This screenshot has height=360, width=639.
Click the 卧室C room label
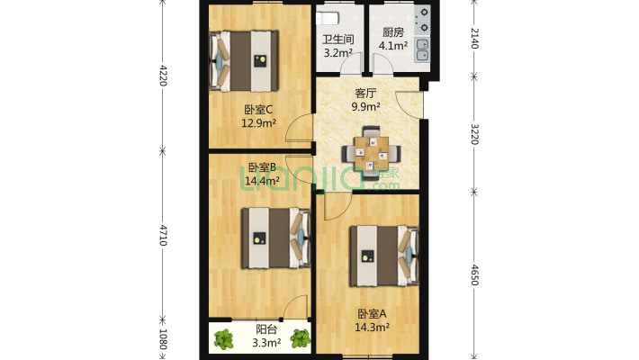(x=258, y=110)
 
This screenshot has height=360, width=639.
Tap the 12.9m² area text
(x=259, y=122)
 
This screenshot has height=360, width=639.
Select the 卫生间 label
(x=337, y=40)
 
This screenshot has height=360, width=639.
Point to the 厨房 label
(x=393, y=32)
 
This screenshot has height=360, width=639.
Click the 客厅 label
(x=365, y=94)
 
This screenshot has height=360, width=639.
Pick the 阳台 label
(x=266, y=329)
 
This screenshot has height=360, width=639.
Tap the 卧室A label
(x=372, y=314)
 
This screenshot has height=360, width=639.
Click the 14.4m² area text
(x=262, y=180)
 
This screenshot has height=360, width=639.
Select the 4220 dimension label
(x=163, y=76)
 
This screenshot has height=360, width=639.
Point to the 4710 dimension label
(x=163, y=235)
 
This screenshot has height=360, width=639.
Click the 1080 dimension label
(x=163, y=339)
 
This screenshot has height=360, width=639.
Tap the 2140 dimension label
(x=474, y=39)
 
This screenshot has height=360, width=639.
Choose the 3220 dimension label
(x=474, y=134)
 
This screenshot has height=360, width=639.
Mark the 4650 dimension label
(x=474, y=274)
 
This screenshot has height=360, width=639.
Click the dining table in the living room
(x=371, y=154)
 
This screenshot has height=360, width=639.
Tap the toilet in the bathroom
(x=328, y=18)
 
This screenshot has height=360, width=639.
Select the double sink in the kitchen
(x=423, y=49)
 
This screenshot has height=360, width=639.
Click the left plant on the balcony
(x=224, y=339)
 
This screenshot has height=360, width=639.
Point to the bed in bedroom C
(x=244, y=61)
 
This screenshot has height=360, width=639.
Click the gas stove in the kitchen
(x=423, y=21)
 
